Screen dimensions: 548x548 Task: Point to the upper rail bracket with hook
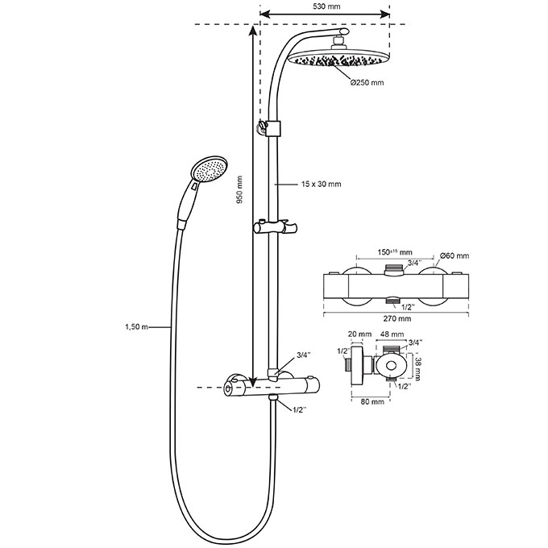[x=271, y=127]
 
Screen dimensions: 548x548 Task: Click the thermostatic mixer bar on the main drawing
[x=274, y=388]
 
